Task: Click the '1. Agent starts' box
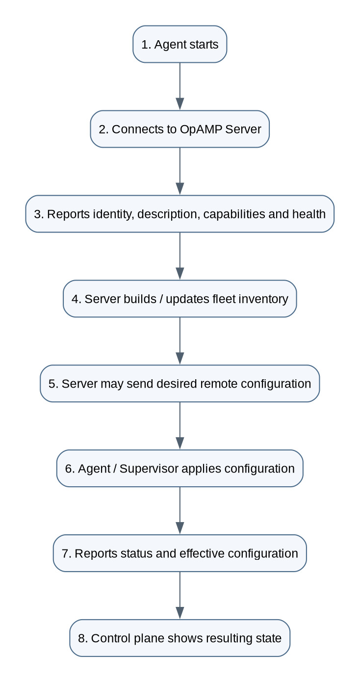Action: coord(180,44)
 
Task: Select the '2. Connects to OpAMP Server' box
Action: coord(180,129)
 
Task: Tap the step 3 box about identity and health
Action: coord(180,214)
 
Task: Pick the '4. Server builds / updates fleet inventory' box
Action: coord(180,299)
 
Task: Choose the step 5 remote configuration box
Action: coord(180,383)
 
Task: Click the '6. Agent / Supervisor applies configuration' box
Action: coord(180,468)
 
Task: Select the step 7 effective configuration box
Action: coord(180,553)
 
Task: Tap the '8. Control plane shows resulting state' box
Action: coord(180,638)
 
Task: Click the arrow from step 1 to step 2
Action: coord(180,86)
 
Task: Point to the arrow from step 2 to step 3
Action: coord(180,171)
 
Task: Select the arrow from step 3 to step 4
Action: coord(180,256)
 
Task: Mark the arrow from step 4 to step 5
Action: coord(180,341)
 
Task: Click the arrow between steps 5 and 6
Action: coord(180,426)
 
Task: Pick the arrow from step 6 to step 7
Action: coord(180,511)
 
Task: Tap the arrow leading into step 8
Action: coord(180,595)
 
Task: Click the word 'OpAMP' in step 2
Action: coord(201,130)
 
